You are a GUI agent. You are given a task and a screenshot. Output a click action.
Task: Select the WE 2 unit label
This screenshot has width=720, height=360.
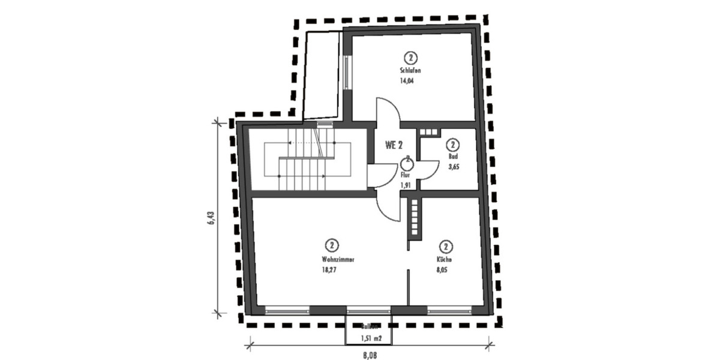coord(393,145)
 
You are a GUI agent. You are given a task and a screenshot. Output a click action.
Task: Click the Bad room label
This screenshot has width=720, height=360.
coord(452,157)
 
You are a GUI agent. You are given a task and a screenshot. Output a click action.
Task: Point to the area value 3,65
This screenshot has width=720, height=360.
coord(454,167)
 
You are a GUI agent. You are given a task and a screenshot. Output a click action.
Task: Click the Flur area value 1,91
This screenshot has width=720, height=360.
coord(406,185)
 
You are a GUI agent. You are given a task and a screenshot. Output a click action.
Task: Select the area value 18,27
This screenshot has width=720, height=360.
coord(330,270)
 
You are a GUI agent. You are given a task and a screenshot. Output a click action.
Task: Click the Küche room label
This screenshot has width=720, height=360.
coord(445,260)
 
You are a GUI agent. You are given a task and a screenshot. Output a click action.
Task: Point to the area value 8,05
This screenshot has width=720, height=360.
coord(442,270)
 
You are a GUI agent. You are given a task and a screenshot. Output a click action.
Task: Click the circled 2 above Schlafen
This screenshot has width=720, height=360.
coord(410,58)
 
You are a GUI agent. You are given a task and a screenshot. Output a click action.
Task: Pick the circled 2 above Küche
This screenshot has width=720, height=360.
coord(445,247)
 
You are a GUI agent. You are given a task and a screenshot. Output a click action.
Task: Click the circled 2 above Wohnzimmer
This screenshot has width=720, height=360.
coord(331,245)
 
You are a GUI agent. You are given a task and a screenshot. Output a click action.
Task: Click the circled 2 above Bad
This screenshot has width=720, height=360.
coord(453,145)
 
